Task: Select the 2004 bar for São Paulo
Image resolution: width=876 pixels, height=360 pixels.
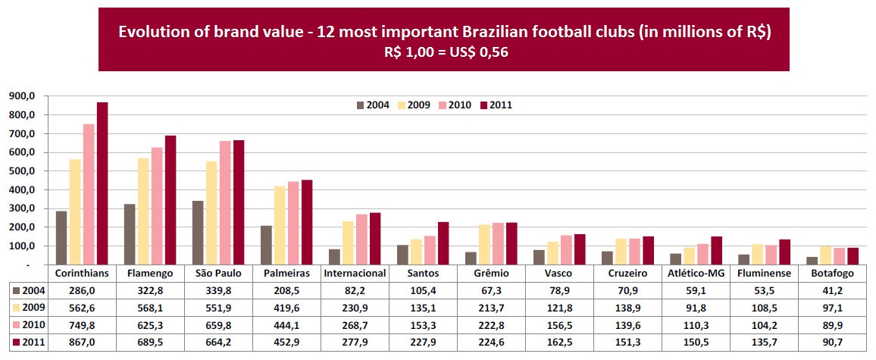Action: (198, 233)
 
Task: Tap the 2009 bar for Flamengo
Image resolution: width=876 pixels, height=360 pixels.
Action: (143, 211)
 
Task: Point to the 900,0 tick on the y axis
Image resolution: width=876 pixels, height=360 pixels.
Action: (21, 96)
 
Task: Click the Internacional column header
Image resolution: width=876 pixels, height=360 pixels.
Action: (355, 273)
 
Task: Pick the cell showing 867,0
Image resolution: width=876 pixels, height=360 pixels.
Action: (82, 343)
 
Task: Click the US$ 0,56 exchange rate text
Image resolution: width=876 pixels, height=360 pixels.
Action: (478, 52)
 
